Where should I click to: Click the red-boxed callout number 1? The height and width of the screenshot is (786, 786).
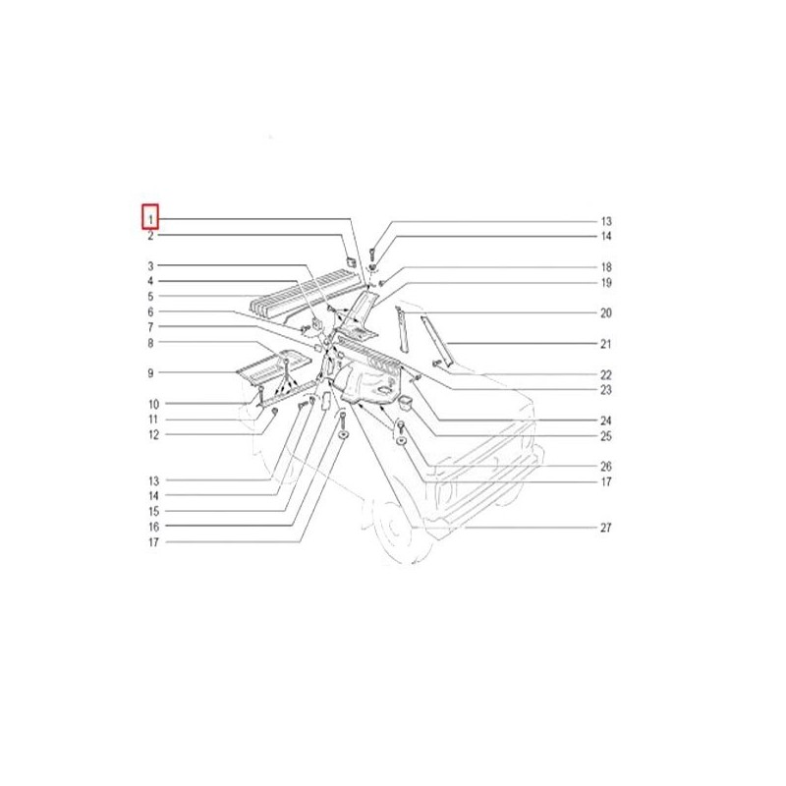[x=150, y=219]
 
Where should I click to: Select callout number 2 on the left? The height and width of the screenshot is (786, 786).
[x=150, y=236]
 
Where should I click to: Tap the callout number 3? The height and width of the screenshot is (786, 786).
[x=150, y=266]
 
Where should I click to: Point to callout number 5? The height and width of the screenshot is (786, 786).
[x=150, y=297]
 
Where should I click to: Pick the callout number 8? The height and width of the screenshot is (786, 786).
[x=150, y=343]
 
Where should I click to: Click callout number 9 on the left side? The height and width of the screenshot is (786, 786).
[x=150, y=373]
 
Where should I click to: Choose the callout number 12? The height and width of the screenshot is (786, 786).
[x=153, y=435]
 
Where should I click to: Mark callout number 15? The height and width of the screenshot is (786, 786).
[x=153, y=512]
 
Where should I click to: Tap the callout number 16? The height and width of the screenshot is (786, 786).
[x=153, y=527]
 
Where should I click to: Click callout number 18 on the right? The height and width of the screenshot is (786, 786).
[x=606, y=267]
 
